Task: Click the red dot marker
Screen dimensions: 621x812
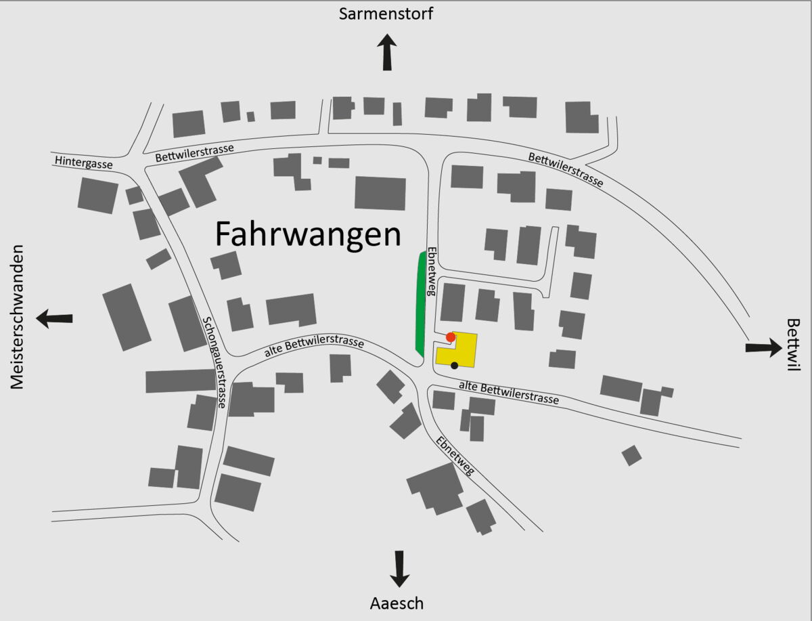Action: [451, 337]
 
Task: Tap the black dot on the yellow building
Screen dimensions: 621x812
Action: [455, 366]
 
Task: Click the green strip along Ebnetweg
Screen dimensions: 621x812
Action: [420, 302]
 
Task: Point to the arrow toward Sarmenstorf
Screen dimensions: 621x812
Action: [387, 52]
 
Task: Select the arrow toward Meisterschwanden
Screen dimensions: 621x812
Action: [55, 318]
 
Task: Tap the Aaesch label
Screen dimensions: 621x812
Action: [397, 603]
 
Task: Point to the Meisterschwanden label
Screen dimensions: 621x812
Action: [18, 317]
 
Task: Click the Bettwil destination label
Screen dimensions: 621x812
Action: [793, 345]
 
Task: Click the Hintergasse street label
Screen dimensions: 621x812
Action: [84, 162]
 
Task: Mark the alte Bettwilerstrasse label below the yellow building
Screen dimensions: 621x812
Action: [509, 392]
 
